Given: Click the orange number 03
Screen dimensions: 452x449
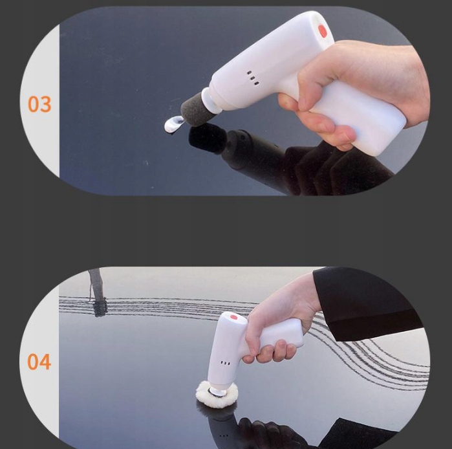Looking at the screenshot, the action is [39, 104].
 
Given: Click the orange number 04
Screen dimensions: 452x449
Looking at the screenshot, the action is [39, 362].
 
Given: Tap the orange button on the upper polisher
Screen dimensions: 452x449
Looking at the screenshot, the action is [323, 31].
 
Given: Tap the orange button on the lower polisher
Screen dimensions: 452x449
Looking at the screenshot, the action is [233, 318].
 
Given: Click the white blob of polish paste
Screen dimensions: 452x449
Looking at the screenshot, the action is [173, 124].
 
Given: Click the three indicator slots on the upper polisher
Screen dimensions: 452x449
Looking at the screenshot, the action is [253, 78].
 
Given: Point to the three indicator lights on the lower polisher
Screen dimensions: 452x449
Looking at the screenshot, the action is [225, 363].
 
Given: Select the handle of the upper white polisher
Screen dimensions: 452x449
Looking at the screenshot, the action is [360, 115].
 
